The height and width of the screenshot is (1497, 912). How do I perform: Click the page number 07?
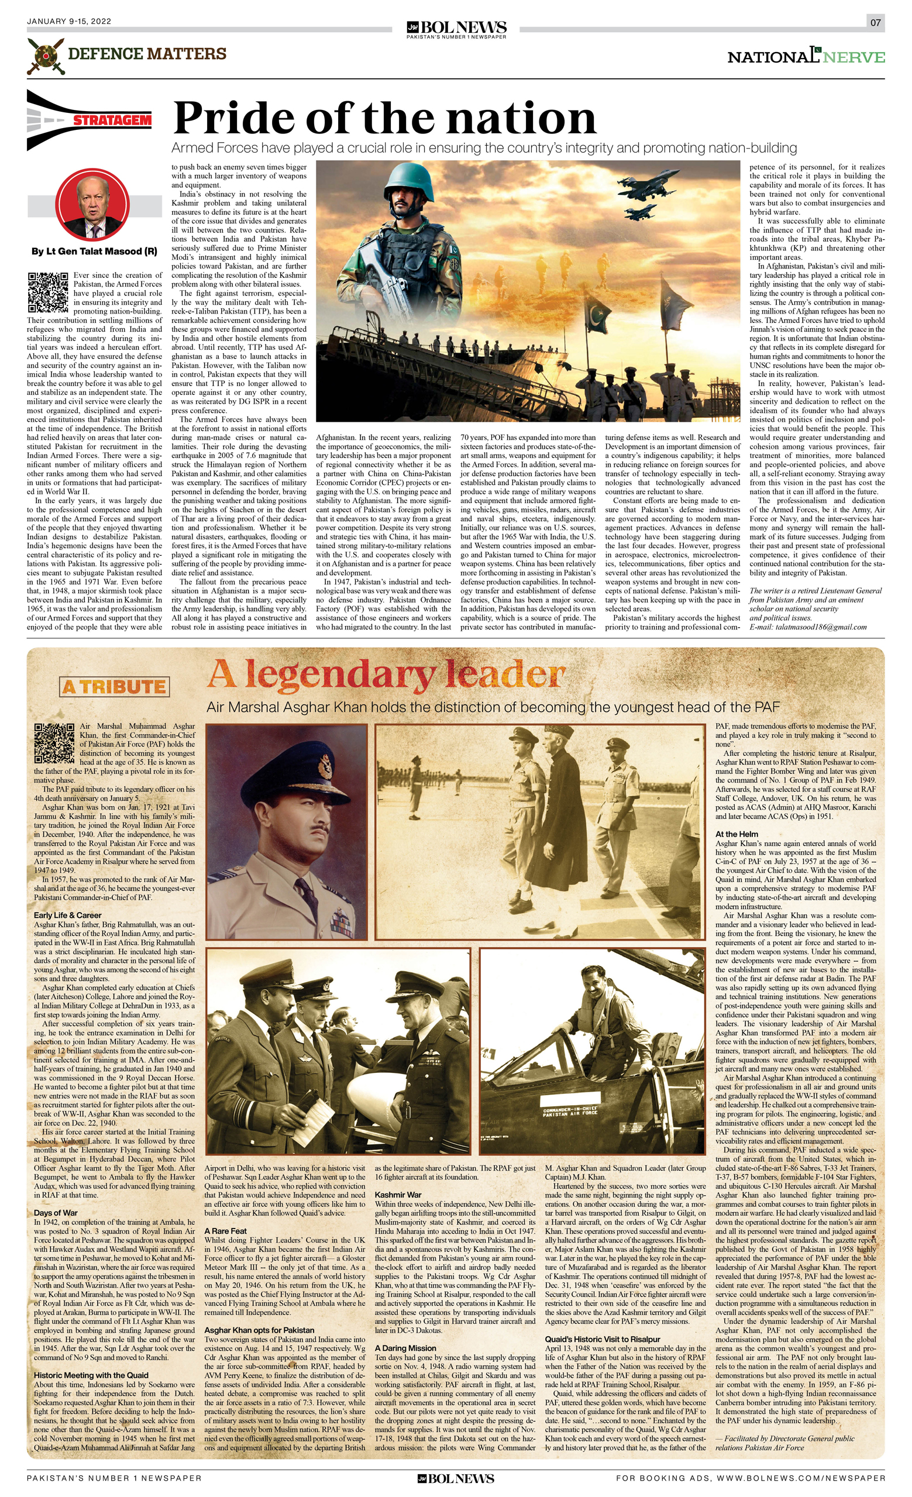[x=875, y=23]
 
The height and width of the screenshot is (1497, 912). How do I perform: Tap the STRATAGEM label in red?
[x=112, y=121]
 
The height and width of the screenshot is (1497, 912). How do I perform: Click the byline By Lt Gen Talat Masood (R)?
[x=94, y=252]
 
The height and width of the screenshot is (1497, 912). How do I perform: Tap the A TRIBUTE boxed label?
[x=114, y=687]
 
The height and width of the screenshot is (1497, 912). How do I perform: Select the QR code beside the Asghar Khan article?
[x=54, y=743]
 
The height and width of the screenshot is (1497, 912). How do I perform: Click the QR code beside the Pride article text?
[x=47, y=292]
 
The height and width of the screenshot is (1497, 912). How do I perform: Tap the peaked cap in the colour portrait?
[x=287, y=766]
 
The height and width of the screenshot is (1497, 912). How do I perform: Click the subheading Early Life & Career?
[x=67, y=915]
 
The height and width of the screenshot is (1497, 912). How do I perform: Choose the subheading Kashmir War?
[x=398, y=1195]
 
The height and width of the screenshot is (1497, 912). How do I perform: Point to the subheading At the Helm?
[x=737, y=834]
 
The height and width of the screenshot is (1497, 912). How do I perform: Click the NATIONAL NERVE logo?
[x=806, y=57]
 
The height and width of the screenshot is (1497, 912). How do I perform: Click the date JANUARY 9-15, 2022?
[x=68, y=21]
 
